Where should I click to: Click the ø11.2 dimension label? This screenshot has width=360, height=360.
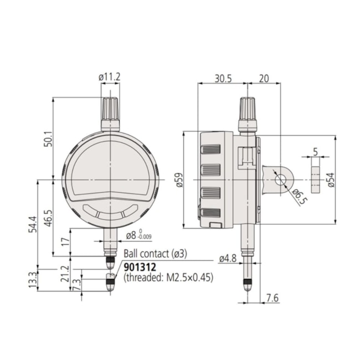[x=110, y=77]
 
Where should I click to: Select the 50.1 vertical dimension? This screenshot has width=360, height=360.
[x=49, y=139]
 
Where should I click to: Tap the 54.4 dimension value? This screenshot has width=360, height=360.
[x=33, y=224]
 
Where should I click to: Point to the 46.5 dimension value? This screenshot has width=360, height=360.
[x=48, y=218]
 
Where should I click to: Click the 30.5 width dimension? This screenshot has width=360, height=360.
[x=223, y=79]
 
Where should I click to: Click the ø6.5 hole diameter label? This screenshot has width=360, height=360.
[x=297, y=197]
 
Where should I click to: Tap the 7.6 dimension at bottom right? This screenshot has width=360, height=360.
[x=272, y=298]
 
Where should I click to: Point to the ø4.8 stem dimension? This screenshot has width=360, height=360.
[x=228, y=259]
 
